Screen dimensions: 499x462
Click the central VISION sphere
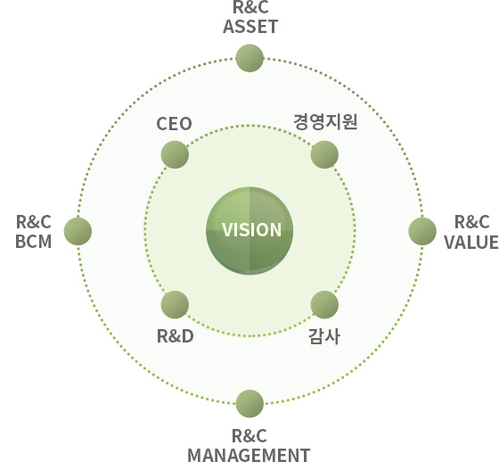point(250,231)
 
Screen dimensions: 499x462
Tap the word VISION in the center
point(251,230)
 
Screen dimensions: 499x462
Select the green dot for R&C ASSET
point(250,58)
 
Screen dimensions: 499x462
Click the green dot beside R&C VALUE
point(422,231)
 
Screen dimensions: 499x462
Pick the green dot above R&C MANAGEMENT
point(250,403)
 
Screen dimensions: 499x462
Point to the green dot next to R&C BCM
point(78,231)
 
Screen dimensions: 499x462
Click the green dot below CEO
point(175,154)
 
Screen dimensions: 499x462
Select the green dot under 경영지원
point(324,154)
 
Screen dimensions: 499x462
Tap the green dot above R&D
point(175,305)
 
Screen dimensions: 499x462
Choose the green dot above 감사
point(324,305)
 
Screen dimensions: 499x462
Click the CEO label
point(174,124)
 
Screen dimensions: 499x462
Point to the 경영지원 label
point(325,121)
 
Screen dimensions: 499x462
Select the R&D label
point(176,336)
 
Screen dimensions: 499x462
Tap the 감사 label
point(324,336)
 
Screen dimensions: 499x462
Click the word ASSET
point(250,27)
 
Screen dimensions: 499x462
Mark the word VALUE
point(471,243)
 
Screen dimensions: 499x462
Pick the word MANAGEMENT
point(249,455)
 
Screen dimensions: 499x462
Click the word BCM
point(34,242)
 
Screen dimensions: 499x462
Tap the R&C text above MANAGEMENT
point(250,436)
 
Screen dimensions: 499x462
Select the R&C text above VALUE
point(472,222)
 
